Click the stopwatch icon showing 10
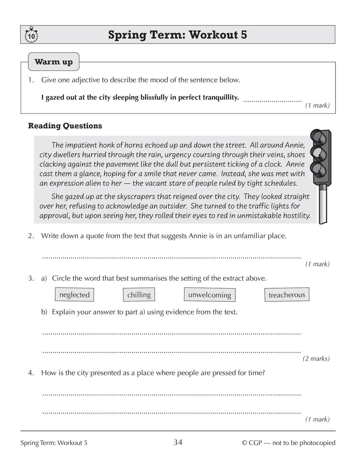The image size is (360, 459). [x=31, y=35]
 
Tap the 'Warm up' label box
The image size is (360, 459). [x=53, y=62]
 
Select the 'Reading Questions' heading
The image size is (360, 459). [x=65, y=126]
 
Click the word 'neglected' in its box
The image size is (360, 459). [x=74, y=295]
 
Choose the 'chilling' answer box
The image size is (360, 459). [x=139, y=295]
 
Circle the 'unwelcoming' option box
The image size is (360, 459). [x=209, y=295]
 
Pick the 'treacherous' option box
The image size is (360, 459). [x=286, y=295]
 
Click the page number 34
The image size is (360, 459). [x=178, y=442]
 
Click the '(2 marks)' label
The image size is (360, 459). [x=316, y=358]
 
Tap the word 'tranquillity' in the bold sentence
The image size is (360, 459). [x=221, y=98]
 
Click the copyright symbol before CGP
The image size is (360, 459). [x=245, y=443]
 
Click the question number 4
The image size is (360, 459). [x=31, y=373]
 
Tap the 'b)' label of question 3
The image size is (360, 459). [x=44, y=312]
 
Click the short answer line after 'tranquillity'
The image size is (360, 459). [x=272, y=100]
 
